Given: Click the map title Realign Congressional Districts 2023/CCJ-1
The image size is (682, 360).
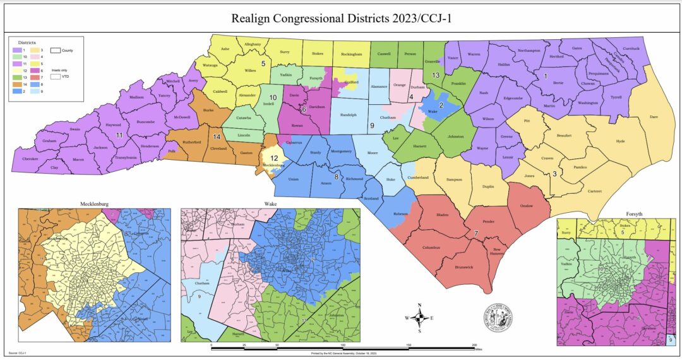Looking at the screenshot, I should (x=341, y=18).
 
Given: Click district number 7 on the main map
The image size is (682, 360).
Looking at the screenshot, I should (x=476, y=234).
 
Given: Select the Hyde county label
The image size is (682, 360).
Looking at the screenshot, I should (x=620, y=141).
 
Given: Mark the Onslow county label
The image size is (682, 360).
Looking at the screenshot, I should (x=525, y=206).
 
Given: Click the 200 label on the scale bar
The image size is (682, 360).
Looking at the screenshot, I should (x=474, y=345).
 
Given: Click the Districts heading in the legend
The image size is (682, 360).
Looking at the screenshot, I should (x=27, y=41).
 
